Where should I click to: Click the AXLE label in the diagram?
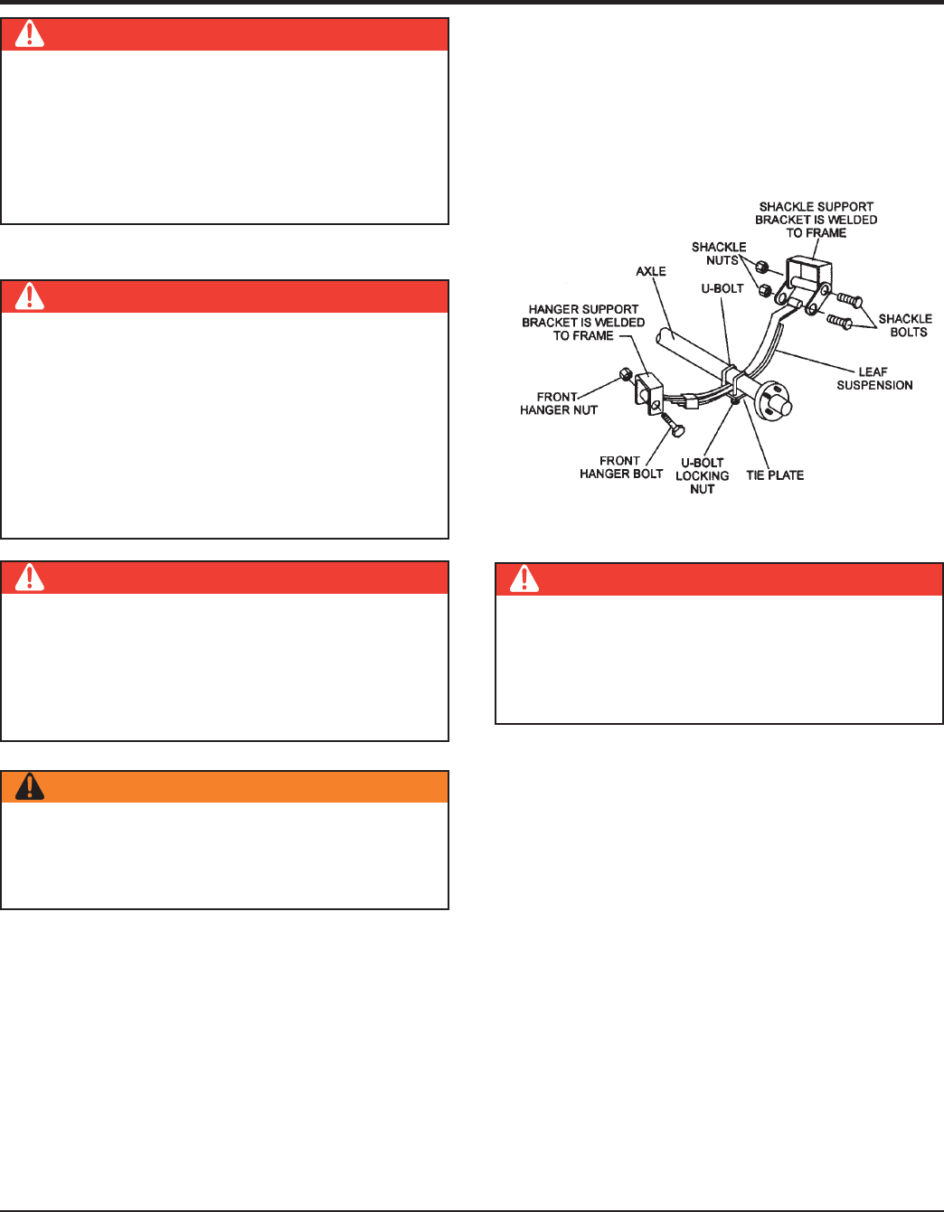coord(651,271)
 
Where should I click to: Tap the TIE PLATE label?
coord(775,475)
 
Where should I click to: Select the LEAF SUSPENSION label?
coord(874,379)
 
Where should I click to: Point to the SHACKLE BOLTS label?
coord(905,325)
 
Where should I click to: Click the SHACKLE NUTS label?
coord(719,254)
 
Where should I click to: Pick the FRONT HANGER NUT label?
coord(558,403)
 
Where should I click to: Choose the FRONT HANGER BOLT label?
coord(621,467)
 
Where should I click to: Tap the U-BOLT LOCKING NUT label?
coord(703,475)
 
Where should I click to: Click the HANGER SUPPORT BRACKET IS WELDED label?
coord(583,323)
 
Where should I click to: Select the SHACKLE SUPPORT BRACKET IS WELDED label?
coord(817,220)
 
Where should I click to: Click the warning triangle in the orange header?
coord(30,787)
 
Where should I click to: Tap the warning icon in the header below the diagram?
coord(524,578)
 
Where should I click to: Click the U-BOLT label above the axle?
coord(722,289)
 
